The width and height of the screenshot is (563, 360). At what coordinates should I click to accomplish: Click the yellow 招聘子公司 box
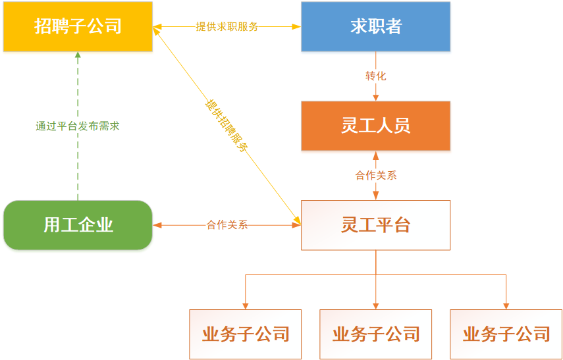[x=78, y=26]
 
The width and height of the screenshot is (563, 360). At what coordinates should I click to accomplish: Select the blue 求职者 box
[x=375, y=26]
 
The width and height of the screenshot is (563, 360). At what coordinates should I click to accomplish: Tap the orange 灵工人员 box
[x=375, y=125]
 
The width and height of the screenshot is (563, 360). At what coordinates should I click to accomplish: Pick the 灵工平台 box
[x=375, y=225]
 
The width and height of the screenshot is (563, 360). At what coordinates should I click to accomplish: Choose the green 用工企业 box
[x=78, y=225]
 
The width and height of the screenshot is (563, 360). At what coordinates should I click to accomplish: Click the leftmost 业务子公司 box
[x=245, y=334]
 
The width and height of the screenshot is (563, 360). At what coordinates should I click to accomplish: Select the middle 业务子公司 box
[x=375, y=334]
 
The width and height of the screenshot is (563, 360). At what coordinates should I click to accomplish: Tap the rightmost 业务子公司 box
[x=506, y=334]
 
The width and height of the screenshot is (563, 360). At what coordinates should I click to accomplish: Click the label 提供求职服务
[x=227, y=27]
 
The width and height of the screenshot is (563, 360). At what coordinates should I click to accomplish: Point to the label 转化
[x=375, y=76]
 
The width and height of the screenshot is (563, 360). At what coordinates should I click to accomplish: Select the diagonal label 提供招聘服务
[x=225, y=124]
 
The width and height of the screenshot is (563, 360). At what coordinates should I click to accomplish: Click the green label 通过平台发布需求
[x=78, y=126]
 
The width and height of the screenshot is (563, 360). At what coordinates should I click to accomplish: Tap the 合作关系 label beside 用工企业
[x=227, y=225]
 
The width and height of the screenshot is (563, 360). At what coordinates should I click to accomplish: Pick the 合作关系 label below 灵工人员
[x=375, y=176]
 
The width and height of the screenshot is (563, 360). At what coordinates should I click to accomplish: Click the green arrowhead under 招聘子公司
[x=78, y=57]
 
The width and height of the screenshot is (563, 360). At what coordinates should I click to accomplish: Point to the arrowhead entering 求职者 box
[x=296, y=27]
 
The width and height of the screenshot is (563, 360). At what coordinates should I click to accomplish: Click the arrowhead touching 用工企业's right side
[x=157, y=225]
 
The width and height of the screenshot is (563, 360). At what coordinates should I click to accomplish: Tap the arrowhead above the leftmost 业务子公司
[x=245, y=305]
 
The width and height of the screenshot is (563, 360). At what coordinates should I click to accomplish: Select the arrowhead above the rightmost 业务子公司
[x=506, y=305]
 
